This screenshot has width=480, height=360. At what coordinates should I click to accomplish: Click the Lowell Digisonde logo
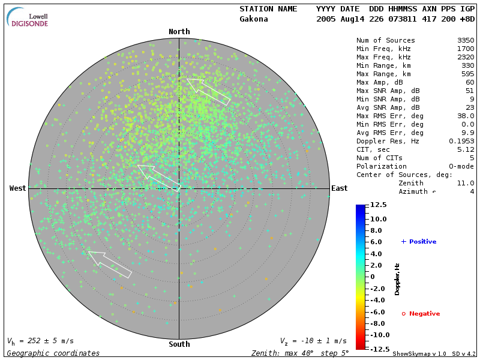(28, 17)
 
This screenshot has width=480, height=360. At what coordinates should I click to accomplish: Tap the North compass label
(179, 32)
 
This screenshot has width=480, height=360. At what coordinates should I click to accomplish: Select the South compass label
(179, 344)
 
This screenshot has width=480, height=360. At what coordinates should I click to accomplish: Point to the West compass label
(18, 188)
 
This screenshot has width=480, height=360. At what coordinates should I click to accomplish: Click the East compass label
(340, 188)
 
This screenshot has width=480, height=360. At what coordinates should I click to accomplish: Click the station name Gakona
(254, 19)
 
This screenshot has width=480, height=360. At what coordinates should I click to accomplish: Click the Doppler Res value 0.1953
(462, 141)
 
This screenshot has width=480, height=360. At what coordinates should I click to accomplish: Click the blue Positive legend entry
(419, 242)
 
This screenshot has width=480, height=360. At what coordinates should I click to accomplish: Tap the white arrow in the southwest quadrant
(110, 265)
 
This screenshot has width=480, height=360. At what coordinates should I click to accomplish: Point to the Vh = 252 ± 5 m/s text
(40, 341)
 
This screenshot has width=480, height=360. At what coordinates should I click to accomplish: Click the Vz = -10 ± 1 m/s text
(313, 341)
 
